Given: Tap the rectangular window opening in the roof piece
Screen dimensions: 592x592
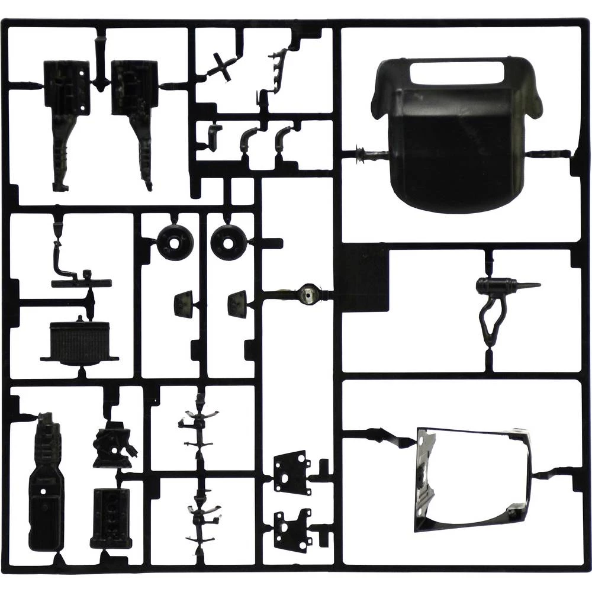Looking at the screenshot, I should click(456, 72).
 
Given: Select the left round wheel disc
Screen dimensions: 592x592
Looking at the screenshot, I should click(175, 242).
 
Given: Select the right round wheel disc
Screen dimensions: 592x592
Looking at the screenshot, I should click(229, 241).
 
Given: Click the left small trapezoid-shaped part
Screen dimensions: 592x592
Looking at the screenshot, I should click(184, 304).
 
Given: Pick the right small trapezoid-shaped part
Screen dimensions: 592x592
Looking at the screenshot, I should click(237, 304).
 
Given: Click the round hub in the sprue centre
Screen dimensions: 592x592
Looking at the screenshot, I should click(308, 294).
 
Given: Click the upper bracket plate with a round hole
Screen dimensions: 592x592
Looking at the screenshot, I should click(292, 471).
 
